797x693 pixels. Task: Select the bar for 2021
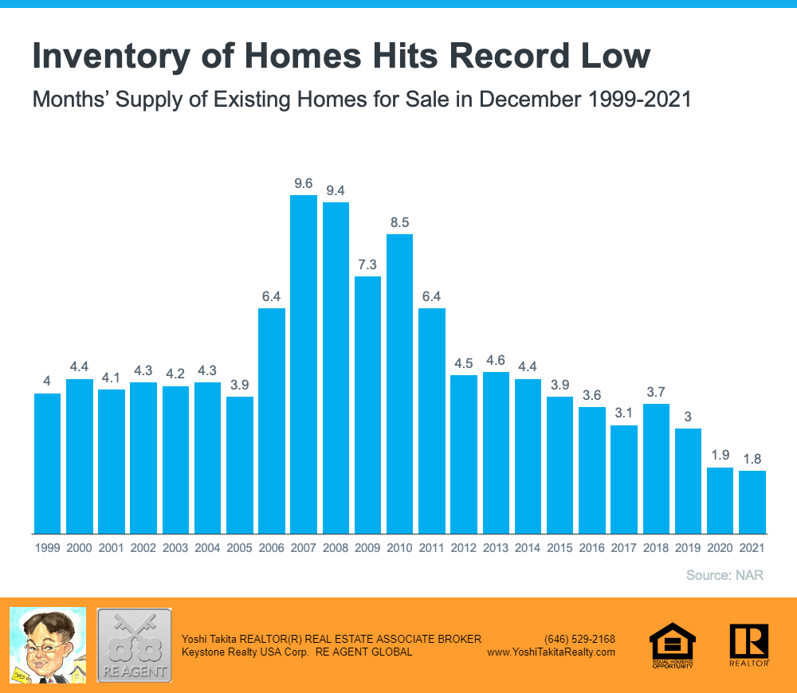(752, 502)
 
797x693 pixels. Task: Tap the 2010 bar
(399, 383)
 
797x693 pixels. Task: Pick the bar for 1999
(47, 463)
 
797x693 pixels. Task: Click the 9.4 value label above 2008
(336, 190)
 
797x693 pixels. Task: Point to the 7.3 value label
(367, 264)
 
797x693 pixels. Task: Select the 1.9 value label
(720, 456)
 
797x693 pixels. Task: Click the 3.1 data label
(623, 413)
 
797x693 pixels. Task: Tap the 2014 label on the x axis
(528, 548)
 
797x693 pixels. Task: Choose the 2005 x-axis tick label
(239, 548)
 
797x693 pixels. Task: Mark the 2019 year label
(688, 548)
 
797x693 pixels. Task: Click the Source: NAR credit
(724, 575)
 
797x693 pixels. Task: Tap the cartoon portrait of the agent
(47, 645)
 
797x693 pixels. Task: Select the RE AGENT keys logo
(134, 645)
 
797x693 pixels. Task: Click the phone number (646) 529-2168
(579, 639)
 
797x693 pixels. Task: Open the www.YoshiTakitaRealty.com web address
(551, 652)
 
